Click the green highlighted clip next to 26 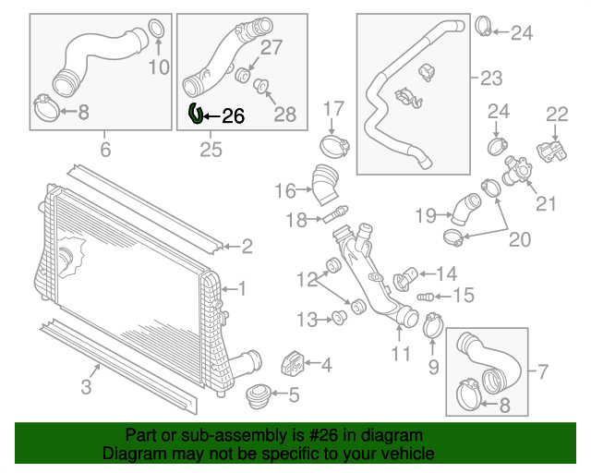click(195, 114)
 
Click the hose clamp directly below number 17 click(333, 145)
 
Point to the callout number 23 click(491, 78)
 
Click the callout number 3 click(86, 387)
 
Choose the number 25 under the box click(211, 149)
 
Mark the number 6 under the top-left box click(104, 149)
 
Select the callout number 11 click(400, 353)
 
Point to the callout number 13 click(307, 320)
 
